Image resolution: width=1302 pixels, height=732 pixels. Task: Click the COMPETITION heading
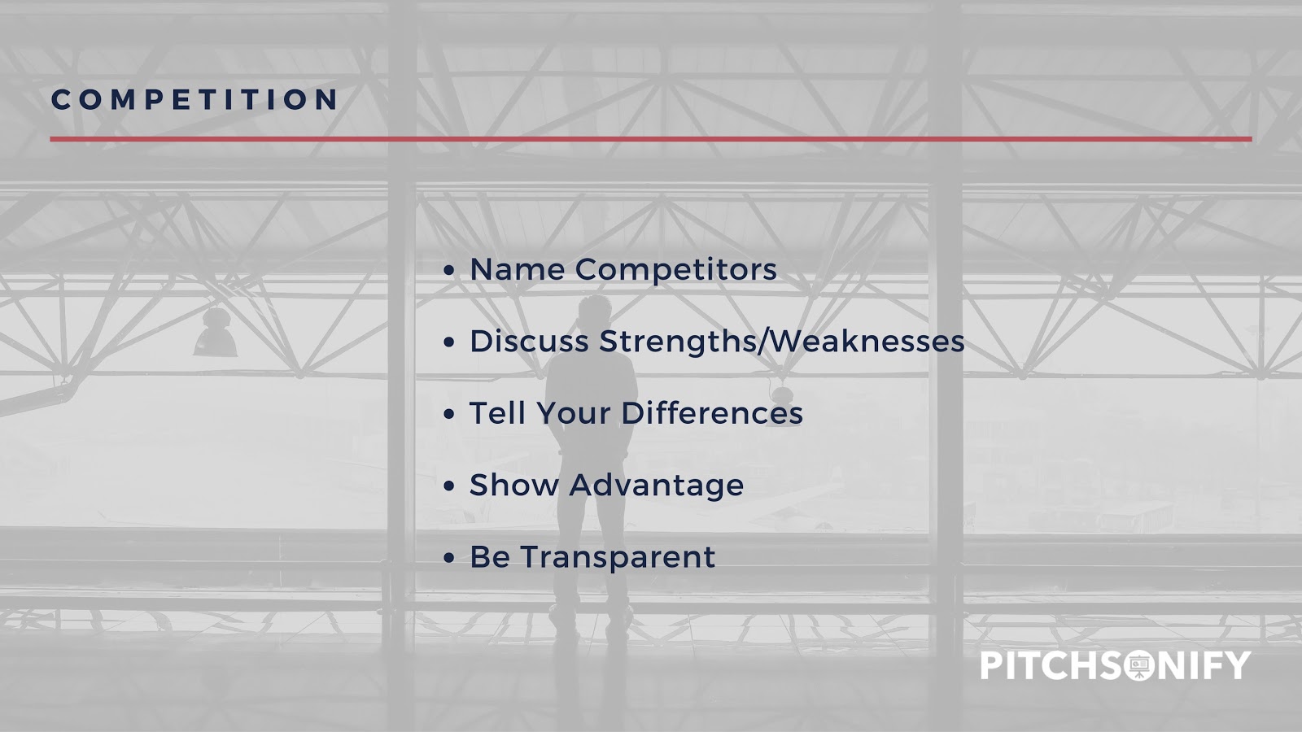point(194,98)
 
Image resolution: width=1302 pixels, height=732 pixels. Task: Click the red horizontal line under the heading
point(650,139)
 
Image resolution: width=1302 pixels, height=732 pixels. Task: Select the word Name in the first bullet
point(518,269)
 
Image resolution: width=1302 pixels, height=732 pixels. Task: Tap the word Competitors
point(676,270)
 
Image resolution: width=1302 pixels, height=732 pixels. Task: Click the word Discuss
point(529,341)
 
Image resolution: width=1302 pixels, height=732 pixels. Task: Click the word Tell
point(497,413)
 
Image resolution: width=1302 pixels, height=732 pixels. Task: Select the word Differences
point(712,413)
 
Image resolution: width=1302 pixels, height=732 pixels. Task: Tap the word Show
point(513,485)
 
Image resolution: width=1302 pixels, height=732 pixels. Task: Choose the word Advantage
point(656,486)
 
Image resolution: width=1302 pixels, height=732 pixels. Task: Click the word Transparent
point(618,558)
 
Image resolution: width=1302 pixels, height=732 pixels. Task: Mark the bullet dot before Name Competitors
point(448,271)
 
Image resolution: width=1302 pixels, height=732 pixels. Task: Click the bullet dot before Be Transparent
point(448,558)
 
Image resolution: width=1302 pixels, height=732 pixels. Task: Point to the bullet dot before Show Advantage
point(448,486)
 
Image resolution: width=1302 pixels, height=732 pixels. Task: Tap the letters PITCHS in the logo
point(1051,666)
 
